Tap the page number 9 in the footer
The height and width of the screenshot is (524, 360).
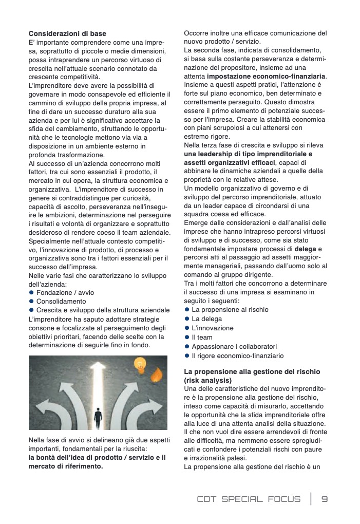[x=325, y=499]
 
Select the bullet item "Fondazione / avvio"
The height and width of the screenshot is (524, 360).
[x=65, y=292]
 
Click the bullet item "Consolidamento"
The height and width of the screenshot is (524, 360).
[x=61, y=301]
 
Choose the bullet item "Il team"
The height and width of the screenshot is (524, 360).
[x=202, y=338]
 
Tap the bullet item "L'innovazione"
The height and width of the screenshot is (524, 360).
[x=212, y=328]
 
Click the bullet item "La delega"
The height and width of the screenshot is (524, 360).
[x=207, y=319]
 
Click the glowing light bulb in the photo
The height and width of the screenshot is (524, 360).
[x=139, y=365]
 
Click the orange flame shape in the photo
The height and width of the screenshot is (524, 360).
[x=156, y=376]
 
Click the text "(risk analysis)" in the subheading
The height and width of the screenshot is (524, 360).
[x=207, y=380]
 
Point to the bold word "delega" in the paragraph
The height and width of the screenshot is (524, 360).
[x=305, y=249]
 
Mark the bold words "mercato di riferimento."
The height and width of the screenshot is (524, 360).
[x=66, y=466]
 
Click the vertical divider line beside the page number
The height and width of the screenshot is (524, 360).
[x=311, y=499]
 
